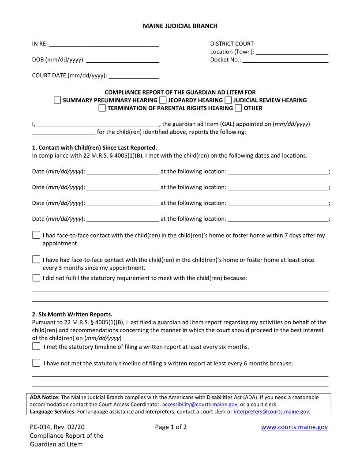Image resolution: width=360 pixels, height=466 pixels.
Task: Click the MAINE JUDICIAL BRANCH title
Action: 180,26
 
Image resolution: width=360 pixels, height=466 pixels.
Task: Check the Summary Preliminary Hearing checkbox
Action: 57,100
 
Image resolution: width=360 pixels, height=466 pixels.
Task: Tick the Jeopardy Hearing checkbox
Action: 163,100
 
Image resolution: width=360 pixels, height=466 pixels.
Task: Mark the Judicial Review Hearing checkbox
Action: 228,100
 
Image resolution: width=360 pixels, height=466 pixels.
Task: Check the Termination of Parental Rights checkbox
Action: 102,108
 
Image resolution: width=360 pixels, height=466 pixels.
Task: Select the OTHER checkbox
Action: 238,108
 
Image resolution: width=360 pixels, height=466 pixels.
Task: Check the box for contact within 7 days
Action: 36,235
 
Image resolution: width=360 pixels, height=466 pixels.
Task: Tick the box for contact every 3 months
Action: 36,259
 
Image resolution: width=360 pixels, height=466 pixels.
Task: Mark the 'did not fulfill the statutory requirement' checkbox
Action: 36,278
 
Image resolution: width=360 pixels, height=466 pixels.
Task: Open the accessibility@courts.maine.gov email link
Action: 200,404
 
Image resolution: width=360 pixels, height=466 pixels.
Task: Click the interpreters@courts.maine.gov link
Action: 271,411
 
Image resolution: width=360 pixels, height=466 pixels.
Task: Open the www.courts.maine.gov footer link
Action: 294,427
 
